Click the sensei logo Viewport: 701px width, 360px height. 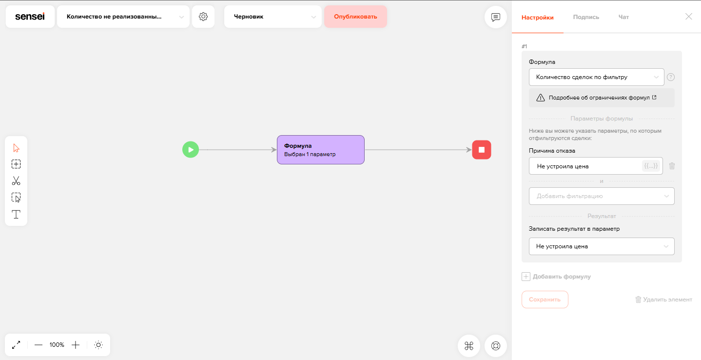(30, 17)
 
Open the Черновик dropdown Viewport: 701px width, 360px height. (273, 17)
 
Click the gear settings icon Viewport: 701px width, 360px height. (203, 17)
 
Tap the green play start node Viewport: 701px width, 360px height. (191, 150)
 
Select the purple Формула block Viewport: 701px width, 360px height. (320, 150)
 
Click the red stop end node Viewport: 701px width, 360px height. (482, 150)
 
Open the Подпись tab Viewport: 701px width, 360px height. (586, 17)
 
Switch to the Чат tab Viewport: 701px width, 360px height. (623, 17)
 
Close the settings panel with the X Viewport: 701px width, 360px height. (688, 17)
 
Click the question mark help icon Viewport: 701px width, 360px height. (671, 77)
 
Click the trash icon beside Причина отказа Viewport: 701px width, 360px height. (672, 166)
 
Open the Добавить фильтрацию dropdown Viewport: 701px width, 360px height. (602, 196)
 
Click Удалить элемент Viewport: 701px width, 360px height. (663, 300)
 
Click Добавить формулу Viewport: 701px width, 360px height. (556, 277)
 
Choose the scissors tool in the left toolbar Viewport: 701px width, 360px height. (16, 180)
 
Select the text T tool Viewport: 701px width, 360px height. (16, 215)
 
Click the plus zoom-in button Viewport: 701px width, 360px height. (76, 345)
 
